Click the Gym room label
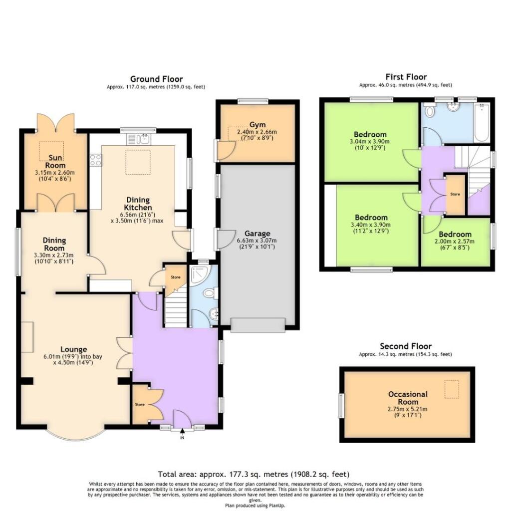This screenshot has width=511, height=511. click(x=258, y=124)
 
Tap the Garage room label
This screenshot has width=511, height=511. click(x=257, y=233)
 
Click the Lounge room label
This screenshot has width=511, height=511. click(x=74, y=349)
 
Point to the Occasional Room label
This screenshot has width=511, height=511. click(x=408, y=398)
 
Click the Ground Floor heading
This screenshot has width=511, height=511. click(x=156, y=79)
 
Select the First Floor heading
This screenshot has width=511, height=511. click(x=406, y=77)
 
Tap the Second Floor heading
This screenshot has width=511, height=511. click(x=405, y=346)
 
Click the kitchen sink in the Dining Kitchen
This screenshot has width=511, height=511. click(x=145, y=137)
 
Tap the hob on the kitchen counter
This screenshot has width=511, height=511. click(x=95, y=160)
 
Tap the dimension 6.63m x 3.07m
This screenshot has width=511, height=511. click(x=257, y=241)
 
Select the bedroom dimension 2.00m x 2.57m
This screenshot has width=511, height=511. click(x=455, y=242)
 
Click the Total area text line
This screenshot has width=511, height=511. click(x=254, y=474)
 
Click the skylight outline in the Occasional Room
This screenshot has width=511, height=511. click(x=452, y=389)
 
